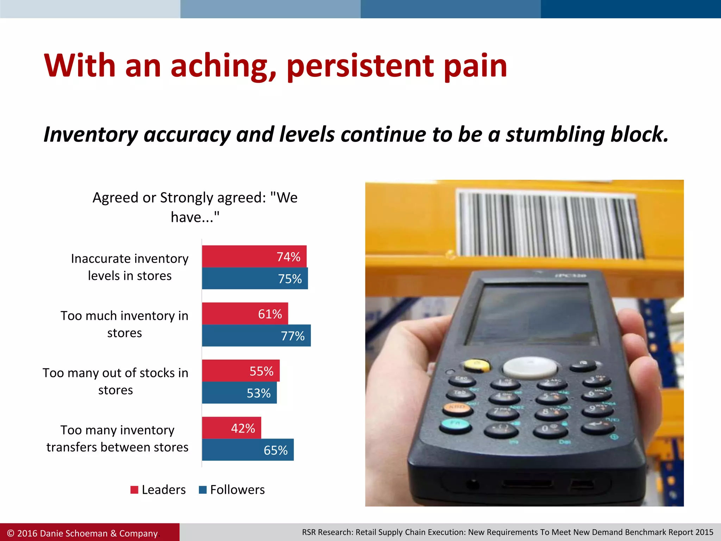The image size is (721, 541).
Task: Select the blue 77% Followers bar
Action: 256,336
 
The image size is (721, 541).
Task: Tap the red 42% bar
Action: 231,428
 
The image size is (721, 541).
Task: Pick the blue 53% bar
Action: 239,393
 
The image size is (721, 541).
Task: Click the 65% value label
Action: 275,450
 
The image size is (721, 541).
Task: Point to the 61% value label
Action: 270,314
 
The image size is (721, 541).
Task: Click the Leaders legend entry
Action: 158,490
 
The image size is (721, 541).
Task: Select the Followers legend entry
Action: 232,490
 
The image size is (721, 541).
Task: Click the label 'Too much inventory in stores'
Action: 124,324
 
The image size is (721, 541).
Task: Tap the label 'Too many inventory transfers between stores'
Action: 117,439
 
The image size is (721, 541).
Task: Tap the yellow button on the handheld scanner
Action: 477,365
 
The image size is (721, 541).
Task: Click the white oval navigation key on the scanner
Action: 529,367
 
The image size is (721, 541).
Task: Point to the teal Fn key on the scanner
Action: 456,425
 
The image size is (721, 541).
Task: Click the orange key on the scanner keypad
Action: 458,408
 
